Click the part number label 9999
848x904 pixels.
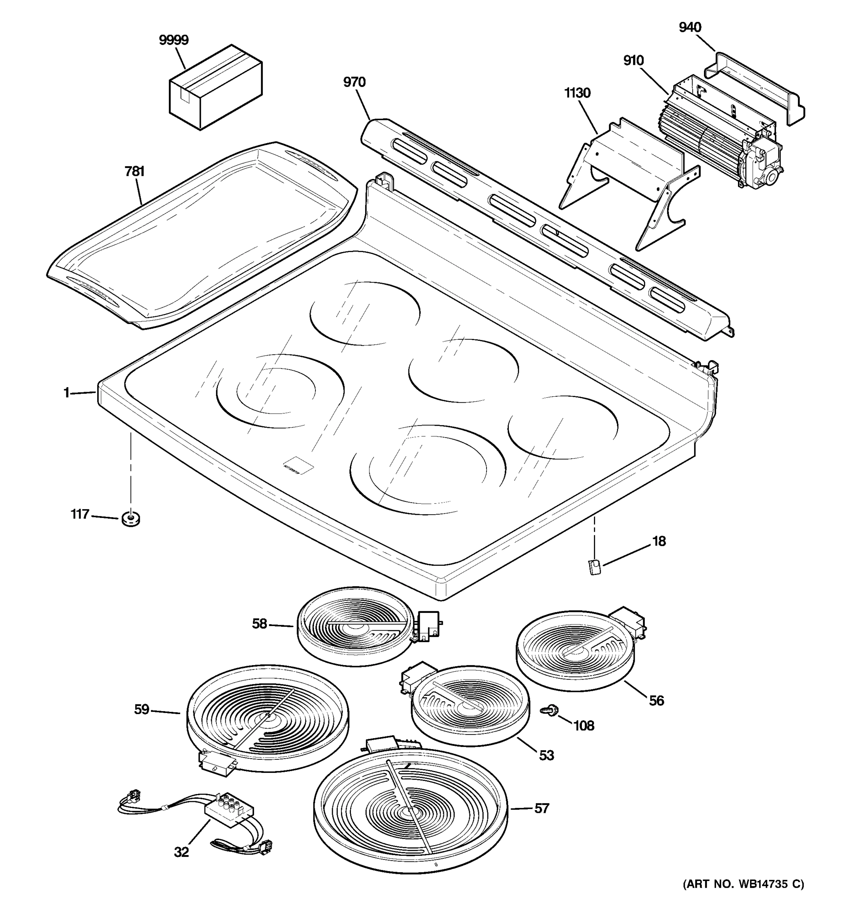(x=173, y=40)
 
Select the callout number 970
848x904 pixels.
(x=354, y=82)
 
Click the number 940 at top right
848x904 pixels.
(x=690, y=28)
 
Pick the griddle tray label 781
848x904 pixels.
(x=134, y=171)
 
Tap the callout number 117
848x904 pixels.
(x=80, y=514)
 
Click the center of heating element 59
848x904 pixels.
(x=268, y=717)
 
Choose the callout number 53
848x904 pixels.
(x=546, y=755)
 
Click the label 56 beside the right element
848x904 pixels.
(x=656, y=701)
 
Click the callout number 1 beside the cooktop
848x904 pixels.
(x=66, y=392)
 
